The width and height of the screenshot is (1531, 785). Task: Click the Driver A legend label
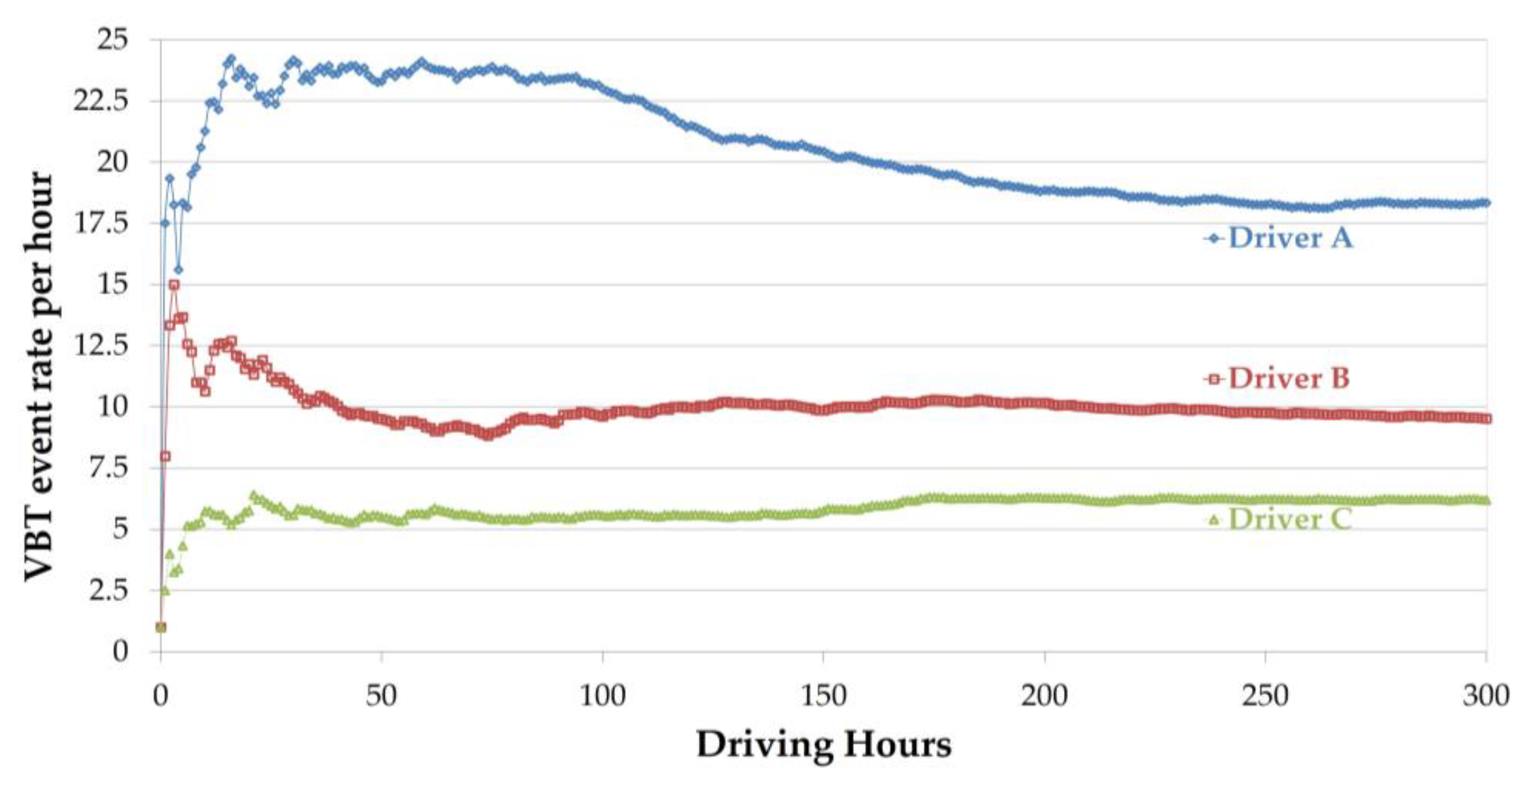pos(1290,238)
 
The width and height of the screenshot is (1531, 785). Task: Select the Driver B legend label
pos(1289,378)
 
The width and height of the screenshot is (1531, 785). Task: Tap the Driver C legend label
pos(1290,519)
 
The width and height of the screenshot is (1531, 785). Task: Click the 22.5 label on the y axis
pos(101,101)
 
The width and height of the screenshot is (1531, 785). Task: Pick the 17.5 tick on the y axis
pos(101,223)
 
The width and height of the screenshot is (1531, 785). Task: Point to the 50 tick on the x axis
pos(381,695)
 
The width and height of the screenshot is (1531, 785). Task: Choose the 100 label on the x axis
pos(602,695)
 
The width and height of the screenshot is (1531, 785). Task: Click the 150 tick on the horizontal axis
pos(823,695)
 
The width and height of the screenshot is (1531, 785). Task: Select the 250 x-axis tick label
pos(1265,695)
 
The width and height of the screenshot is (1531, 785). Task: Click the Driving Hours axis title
pos(823,744)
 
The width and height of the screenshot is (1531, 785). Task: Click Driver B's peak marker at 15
pos(174,285)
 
